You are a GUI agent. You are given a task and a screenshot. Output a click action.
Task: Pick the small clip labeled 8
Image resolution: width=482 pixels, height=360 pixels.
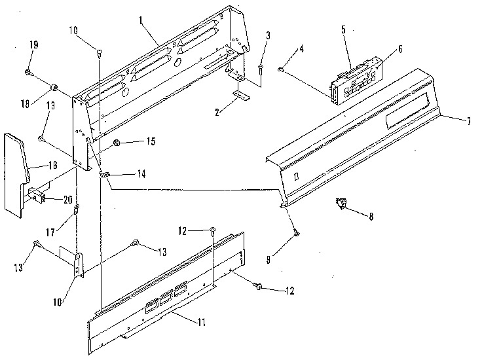point(341,206)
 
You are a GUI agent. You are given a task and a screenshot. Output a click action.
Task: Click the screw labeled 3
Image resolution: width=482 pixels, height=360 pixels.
point(261,68)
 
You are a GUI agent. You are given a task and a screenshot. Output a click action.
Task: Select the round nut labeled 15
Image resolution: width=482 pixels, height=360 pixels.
point(117,142)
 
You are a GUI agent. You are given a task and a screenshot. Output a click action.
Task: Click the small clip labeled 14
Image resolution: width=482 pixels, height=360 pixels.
point(103,175)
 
